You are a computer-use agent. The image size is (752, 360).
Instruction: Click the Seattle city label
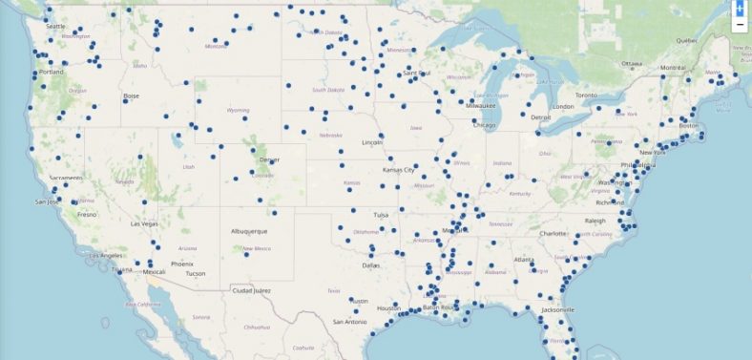(x=55, y=26)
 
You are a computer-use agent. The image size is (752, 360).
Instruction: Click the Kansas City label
(x=399, y=170)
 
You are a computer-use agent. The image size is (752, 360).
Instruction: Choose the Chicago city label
(x=484, y=125)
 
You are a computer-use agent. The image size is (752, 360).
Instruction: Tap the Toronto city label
(x=585, y=95)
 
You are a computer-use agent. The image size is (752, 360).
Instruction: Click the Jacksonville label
(x=554, y=309)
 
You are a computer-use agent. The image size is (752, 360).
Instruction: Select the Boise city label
(x=132, y=95)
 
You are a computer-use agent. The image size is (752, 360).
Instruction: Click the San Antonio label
(x=349, y=322)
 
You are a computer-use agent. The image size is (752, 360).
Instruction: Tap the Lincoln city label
(x=372, y=143)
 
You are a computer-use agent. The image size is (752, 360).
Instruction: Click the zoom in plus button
(x=740, y=8)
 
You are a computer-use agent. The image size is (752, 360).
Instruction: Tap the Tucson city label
(x=195, y=273)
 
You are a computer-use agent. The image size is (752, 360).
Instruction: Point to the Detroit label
(x=541, y=117)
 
